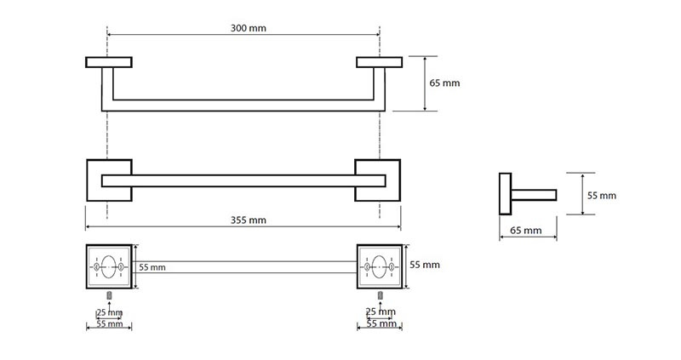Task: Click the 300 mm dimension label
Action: pyautogui.click(x=248, y=28)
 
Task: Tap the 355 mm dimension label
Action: pyautogui.click(x=248, y=220)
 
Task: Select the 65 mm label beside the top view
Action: pyautogui.click(x=444, y=83)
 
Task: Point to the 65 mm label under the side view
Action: pyautogui.click(x=525, y=230)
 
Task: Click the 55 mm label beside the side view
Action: pyautogui.click(x=602, y=196)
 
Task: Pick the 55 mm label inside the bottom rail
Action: pyautogui.click(x=152, y=267)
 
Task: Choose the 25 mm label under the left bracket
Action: pyautogui.click(x=110, y=312)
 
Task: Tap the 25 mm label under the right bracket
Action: pyautogui.click(x=381, y=311)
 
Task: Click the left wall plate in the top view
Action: pyautogui.click(x=109, y=62)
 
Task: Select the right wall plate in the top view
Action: pyautogui.click(x=379, y=62)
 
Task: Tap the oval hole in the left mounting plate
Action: pyautogui.click(x=109, y=266)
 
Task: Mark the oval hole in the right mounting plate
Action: pyautogui.click(x=379, y=266)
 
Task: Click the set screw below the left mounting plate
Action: pyautogui.click(x=109, y=295)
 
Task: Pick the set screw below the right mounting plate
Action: pyautogui.click(x=381, y=295)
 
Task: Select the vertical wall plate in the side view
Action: pyautogui.click(x=505, y=194)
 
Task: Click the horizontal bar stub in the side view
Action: pyautogui.click(x=534, y=195)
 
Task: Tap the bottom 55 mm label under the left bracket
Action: pyautogui.click(x=110, y=323)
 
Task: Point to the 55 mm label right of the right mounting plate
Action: pyautogui.click(x=425, y=265)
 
